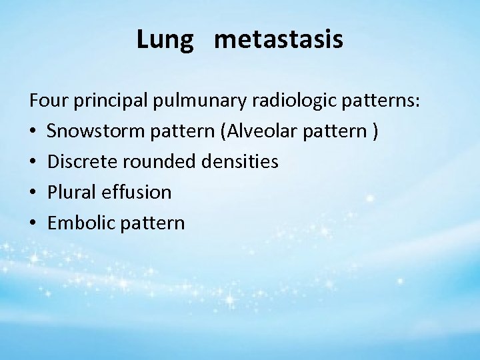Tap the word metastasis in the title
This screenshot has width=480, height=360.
pyautogui.click(x=280, y=40)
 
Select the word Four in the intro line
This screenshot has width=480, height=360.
pyautogui.click(x=47, y=102)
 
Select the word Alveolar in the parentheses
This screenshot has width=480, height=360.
pyautogui.click(x=259, y=132)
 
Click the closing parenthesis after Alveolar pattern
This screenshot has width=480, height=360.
pyautogui.click(x=377, y=133)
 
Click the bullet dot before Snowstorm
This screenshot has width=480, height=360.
pyautogui.click(x=33, y=133)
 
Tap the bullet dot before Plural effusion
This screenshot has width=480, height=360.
pyautogui.click(x=33, y=193)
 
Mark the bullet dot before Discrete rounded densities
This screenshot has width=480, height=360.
pyautogui.click(x=33, y=163)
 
